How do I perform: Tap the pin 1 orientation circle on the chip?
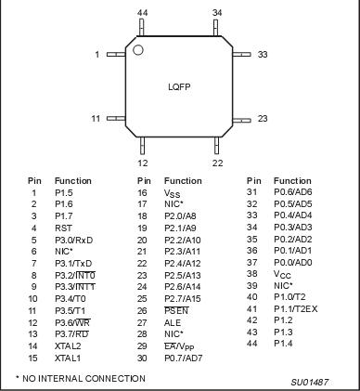[x=138, y=49]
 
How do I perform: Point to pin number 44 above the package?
[x=142, y=13]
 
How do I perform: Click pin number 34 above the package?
[x=217, y=13]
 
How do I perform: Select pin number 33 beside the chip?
[x=263, y=55]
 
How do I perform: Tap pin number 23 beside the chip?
[x=263, y=119]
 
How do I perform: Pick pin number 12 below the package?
[x=142, y=163]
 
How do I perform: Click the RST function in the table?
[x=63, y=226]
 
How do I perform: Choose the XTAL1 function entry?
[x=67, y=358]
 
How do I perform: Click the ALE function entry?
[x=172, y=321]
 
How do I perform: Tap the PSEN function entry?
[x=175, y=309]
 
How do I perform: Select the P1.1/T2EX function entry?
[x=295, y=309]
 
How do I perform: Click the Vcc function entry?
[x=279, y=274]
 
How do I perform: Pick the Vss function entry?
[x=171, y=193]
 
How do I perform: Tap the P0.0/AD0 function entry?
[x=293, y=262]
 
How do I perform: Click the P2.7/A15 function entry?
[x=182, y=297]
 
